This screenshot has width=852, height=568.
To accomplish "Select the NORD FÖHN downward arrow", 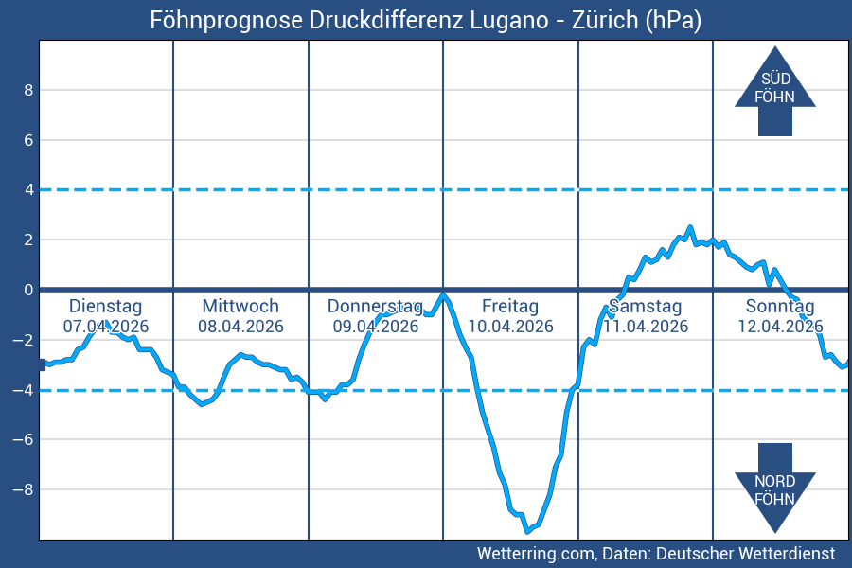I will [774, 487].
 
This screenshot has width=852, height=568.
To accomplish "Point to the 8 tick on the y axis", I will [28, 90].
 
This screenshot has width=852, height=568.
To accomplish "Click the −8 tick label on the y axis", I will [25, 489].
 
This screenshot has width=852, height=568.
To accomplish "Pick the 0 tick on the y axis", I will [28, 290].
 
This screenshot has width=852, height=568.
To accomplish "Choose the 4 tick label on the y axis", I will [28, 189].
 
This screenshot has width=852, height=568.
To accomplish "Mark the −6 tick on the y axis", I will [25, 439].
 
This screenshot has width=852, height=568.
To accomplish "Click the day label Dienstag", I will [106, 306].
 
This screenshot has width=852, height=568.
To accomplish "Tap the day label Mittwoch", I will [240, 306].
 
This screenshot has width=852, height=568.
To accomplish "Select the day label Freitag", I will [510, 306].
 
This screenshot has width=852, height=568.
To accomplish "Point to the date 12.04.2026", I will [780, 327].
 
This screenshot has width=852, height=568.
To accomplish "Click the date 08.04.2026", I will [240, 327].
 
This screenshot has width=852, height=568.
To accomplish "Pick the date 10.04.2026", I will [510, 327].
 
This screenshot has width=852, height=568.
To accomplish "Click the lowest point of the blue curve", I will [526, 530].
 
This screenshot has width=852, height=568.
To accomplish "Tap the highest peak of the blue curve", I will [690, 227].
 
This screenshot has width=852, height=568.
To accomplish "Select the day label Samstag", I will [645, 306].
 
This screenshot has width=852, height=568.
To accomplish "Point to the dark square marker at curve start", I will [42, 364].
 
